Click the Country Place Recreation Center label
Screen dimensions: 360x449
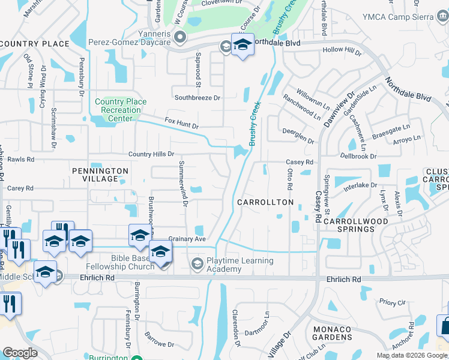(x=121, y=110)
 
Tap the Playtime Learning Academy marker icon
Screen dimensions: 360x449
(x=197, y=264)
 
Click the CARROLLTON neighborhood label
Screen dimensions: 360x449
(x=265, y=202)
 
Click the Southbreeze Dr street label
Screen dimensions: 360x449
(x=197, y=97)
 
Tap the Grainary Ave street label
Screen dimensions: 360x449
(x=187, y=238)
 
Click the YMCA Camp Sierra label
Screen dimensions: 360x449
(x=411, y=17)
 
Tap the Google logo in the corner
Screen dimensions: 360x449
(x=20, y=353)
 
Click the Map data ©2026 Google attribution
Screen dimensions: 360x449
(x=412, y=355)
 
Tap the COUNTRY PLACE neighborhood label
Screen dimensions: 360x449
(x=35, y=44)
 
